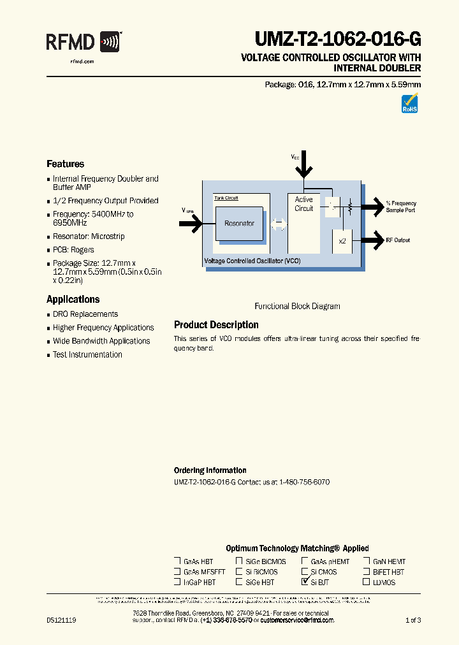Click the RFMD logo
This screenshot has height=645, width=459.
(83, 43)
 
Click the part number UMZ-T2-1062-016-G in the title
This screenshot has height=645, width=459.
(337, 40)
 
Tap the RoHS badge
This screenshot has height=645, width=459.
(409, 103)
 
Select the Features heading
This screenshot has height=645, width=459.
(65, 164)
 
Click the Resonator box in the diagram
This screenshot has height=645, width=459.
(239, 224)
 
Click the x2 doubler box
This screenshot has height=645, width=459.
(342, 240)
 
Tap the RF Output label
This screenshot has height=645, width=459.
(398, 240)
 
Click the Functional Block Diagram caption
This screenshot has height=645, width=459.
(297, 306)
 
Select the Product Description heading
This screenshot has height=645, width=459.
(216, 324)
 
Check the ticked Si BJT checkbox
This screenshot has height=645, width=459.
(305, 582)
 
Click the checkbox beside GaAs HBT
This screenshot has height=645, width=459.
(177, 562)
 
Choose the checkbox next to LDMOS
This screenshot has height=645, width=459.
(367, 582)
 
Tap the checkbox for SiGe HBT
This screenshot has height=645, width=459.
(239, 582)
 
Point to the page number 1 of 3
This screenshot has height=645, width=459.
(412, 620)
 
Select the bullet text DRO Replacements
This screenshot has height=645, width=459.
(85, 314)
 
